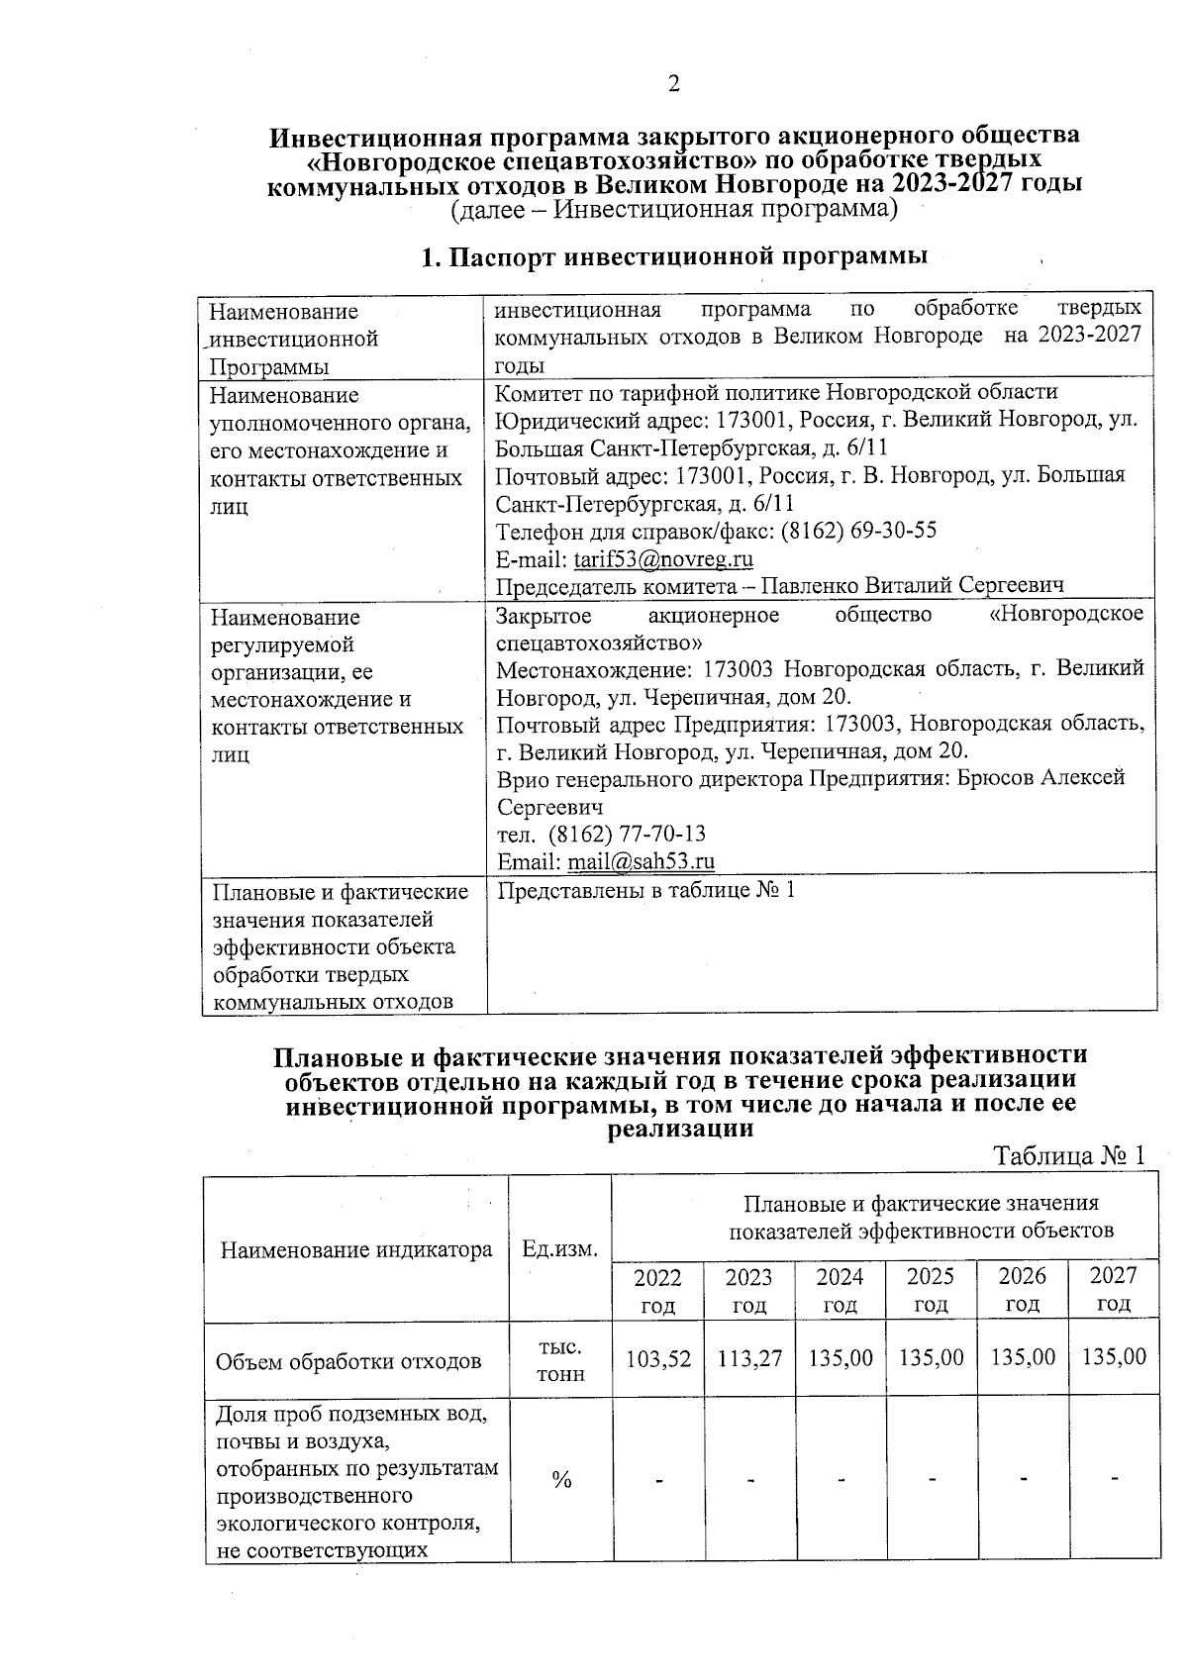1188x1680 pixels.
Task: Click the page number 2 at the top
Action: pos(673,85)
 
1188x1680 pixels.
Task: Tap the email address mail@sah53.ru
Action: pos(641,861)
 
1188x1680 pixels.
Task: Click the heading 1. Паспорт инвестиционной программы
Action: pos(674,257)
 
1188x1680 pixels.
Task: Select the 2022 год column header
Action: pos(657,1289)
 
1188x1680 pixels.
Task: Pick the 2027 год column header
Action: pos(1113,1289)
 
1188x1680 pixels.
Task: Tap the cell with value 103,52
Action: pos(657,1357)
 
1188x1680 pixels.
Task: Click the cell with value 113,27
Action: pos(749,1357)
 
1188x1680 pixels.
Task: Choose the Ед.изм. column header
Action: pos(560,1248)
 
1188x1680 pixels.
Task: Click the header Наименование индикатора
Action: pos(356,1248)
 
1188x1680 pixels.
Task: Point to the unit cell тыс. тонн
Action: pos(560,1360)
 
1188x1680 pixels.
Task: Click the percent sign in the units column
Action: pos(561,1480)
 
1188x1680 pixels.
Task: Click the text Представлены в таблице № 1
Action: pos(644,890)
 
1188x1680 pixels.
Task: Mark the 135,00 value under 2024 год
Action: pos(841,1357)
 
